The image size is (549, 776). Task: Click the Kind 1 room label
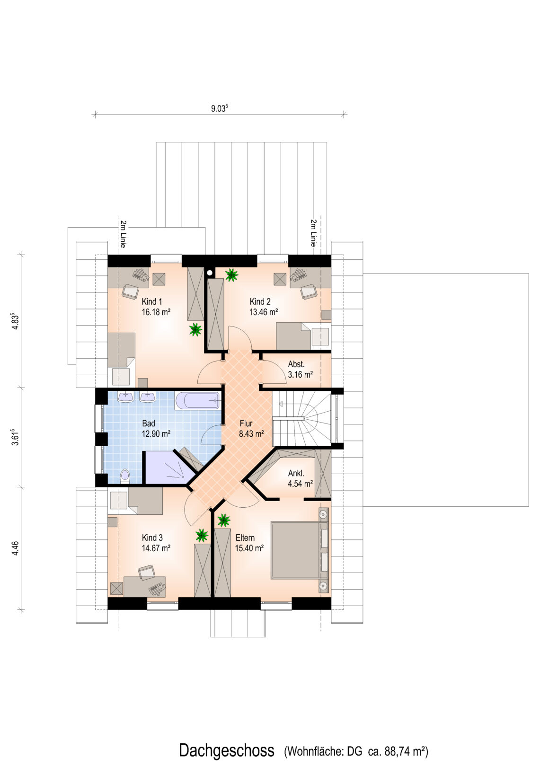click(x=152, y=301)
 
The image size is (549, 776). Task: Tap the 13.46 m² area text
click(x=264, y=312)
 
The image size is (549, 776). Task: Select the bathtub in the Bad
click(x=197, y=401)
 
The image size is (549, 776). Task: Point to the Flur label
click(x=246, y=423)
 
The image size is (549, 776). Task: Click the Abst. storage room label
click(x=296, y=364)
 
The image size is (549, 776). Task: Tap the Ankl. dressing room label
click(x=296, y=473)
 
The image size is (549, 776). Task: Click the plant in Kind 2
click(x=231, y=275)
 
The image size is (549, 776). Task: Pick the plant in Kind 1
click(x=195, y=329)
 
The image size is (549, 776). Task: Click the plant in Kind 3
click(x=202, y=535)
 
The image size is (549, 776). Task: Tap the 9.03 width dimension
click(x=220, y=108)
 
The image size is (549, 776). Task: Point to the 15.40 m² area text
click(x=249, y=548)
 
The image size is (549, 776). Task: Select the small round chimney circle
click(x=210, y=273)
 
